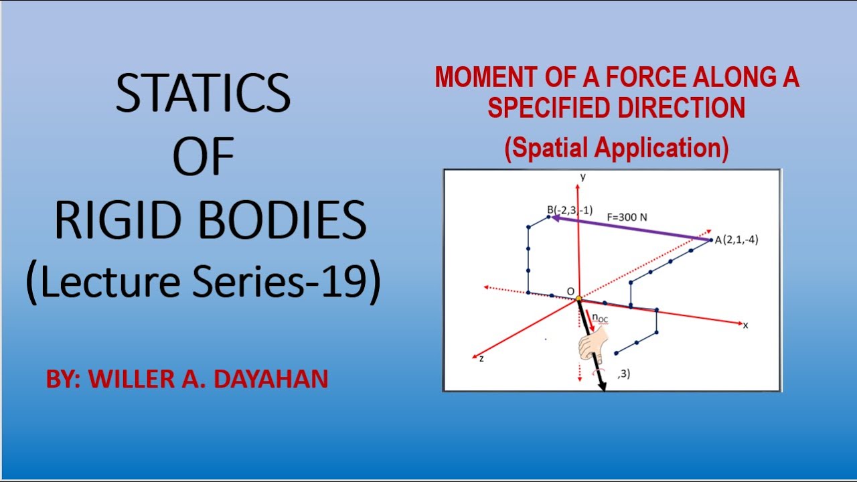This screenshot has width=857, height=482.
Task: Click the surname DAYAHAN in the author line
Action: pyautogui.click(x=271, y=380)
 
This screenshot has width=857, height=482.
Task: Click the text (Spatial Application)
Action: pyautogui.click(x=616, y=149)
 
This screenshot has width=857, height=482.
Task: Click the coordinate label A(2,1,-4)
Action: pyautogui.click(x=736, y=240)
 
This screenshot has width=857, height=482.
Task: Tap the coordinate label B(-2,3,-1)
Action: pyautogui.click(x=570, y=210)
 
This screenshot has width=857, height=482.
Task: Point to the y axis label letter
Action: pyautogui.click(x=583, y=177)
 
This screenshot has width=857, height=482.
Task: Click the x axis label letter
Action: pyautogui.click(x=745, y=325)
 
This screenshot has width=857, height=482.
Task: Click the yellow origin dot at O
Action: pyautogui.click(x=578, y=299)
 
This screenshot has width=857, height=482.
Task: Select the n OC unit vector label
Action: pyautogui.click(x=600, y=319)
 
